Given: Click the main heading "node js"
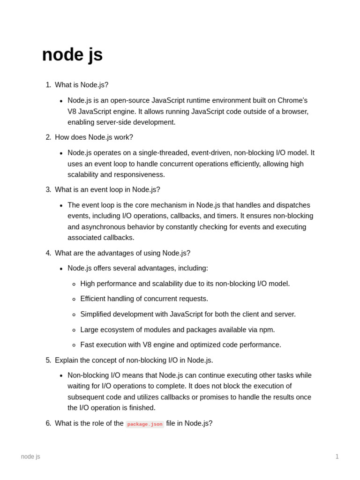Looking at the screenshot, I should pyautogui.click(x=72, y=55).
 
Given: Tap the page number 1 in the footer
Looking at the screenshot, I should pyautogui.click(x=337, y=457).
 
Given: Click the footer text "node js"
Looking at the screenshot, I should pyautogui.click(x=30, y=457).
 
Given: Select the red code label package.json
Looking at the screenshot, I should pyautogui.click(x=145, y=424).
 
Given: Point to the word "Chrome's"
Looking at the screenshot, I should pyautogui.click(x=292, y=100).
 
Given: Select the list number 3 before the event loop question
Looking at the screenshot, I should pyautogui.click(x=48, y=190).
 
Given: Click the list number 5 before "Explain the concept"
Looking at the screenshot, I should pyautogui.click(x=48, y=360).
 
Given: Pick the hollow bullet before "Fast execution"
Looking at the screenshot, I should pyautogui.click(x=74, y=345).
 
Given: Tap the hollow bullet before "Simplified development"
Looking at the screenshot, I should pyautogui.click(x=74, y=315).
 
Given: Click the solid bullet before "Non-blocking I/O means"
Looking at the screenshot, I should pyautogui.click(x=61, y=376).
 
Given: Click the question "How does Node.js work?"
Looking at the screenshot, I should pyautogui.click(x=94, y=137).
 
